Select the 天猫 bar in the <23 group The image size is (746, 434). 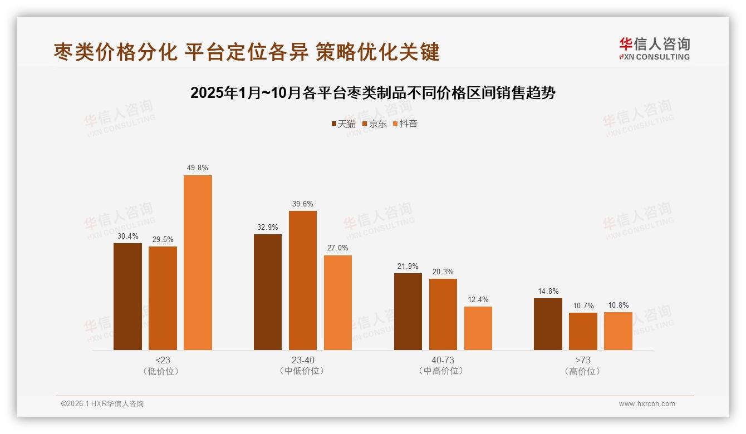127,297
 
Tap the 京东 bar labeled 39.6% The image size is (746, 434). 302,280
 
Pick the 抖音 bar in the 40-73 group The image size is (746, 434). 478,328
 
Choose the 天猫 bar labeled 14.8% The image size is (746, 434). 548,324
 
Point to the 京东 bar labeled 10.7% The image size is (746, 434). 583,331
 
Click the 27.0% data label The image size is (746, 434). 338,248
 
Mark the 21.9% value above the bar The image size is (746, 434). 408,266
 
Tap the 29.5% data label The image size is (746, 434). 163,239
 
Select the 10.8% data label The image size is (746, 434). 618,305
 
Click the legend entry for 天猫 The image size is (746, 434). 343,124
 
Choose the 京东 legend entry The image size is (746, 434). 374,124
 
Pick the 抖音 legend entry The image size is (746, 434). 405,124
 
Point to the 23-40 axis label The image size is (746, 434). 302,360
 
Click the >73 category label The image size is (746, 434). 583,360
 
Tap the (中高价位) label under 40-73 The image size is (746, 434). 443,371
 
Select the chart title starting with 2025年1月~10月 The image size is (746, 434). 373,93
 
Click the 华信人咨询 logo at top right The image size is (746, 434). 654,48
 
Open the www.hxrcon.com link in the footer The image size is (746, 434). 647,404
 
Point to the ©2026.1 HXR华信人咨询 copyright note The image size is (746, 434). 102,404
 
